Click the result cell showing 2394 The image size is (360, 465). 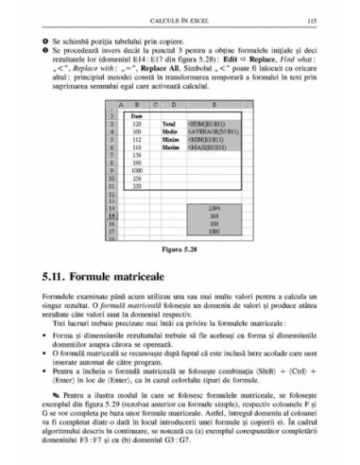(214, 205)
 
